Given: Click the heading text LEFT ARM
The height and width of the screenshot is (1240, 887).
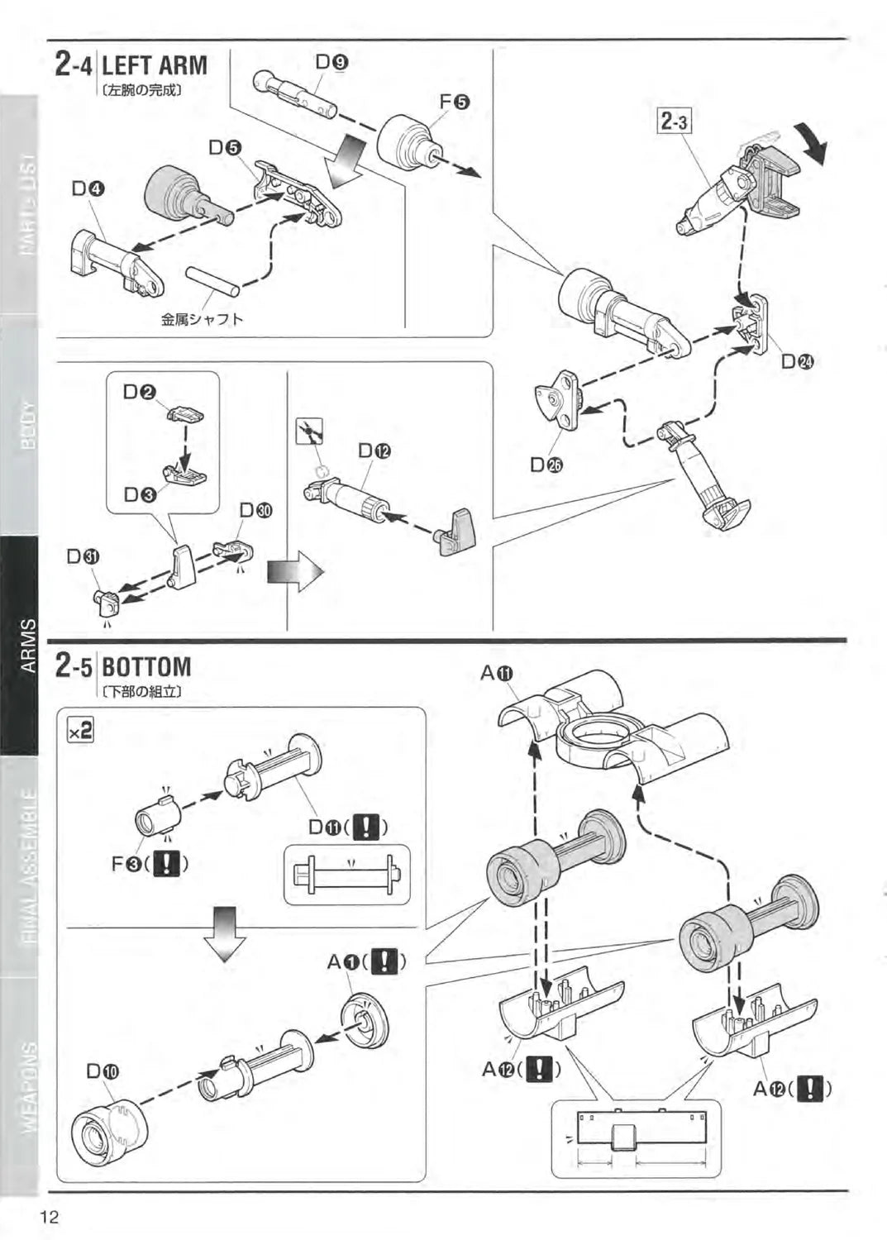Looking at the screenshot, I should [155, 65].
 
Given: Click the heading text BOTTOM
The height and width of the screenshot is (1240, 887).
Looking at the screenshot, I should [146, 666].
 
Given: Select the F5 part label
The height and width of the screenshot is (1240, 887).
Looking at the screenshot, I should [454, 102].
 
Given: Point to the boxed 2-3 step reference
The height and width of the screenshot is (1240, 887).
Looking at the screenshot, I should [675, 122].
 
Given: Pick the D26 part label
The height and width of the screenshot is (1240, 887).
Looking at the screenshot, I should [546, 465].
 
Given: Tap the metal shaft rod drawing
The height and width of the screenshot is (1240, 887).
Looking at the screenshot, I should [212, 281].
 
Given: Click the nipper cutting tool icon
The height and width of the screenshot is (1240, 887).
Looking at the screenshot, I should [309, 432].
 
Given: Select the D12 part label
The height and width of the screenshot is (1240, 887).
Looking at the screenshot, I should [374, 451].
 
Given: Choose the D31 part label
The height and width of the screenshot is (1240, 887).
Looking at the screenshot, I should [83, 556].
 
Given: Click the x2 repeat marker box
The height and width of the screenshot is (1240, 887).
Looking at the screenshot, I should [80, 729].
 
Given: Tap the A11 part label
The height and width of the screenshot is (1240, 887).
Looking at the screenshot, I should [497, 674].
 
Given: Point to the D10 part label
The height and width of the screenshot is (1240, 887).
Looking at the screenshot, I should [103, 1071].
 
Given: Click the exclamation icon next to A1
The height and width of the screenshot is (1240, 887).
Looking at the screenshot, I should [383, 961].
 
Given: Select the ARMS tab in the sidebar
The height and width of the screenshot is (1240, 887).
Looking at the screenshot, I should [27, 646].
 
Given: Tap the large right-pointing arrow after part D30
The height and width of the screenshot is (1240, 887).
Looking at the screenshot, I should [294, 572].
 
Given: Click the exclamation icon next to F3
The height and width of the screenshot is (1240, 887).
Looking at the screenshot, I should [167, 864].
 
